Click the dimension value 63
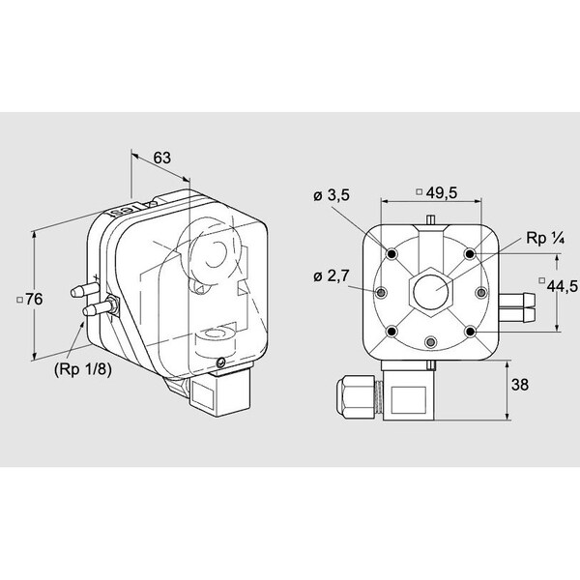(x=162, y=158)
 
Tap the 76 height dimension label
(x=34, y=300)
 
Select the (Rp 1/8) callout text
(x=83, y=369)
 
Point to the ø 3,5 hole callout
(x=332, y=195)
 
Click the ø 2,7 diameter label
(x=332, y=275)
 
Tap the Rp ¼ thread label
(x=545, y=239)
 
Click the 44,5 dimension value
(x=563, y=286)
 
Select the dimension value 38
(x=520, y=385)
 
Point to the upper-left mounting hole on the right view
(x=391, y=254)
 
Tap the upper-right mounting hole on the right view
(x=470, y=253)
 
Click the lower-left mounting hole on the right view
(x=391, y=332)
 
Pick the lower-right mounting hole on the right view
(x=470, y=332)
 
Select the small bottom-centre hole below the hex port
(x=430, y=342)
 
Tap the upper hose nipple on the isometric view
(x=84, y=290)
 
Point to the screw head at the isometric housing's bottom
(x=221, y=362)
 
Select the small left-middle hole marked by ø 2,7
(x=381, y=293)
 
